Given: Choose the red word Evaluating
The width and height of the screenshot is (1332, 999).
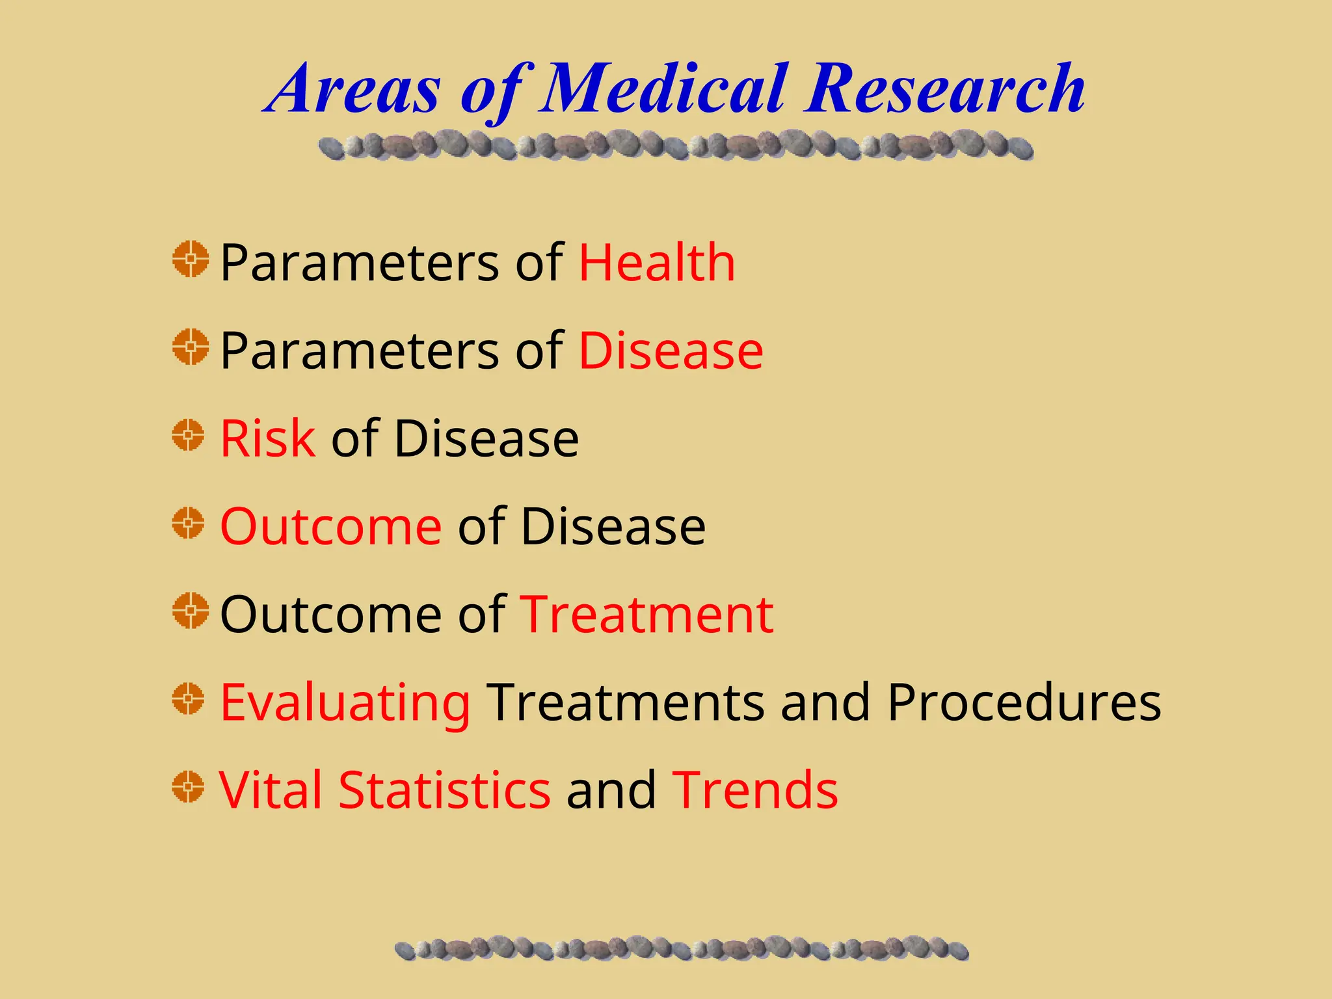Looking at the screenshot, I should click(345, 702).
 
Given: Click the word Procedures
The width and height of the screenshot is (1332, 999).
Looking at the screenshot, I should click(1024, 702).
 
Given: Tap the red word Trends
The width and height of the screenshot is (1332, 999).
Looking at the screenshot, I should click(755, 790).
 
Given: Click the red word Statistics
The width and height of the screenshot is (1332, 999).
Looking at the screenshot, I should click(445, 790).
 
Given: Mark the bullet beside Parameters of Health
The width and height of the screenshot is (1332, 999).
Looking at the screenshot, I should click(191, 259).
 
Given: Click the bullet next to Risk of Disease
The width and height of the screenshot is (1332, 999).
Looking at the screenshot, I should click(189, 435).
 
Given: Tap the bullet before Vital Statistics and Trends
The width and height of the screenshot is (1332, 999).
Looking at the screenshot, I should click(189, 787).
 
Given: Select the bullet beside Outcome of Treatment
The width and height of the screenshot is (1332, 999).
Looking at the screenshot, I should click(191, 611).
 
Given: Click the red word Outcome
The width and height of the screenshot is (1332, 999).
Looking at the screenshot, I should click(331, 526).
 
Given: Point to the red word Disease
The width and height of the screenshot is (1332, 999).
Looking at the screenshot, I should click(671, 351).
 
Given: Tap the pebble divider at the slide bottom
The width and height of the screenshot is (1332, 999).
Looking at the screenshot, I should click(682, 949).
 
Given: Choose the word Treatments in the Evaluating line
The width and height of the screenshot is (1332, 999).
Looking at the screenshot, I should click(626, 702).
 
